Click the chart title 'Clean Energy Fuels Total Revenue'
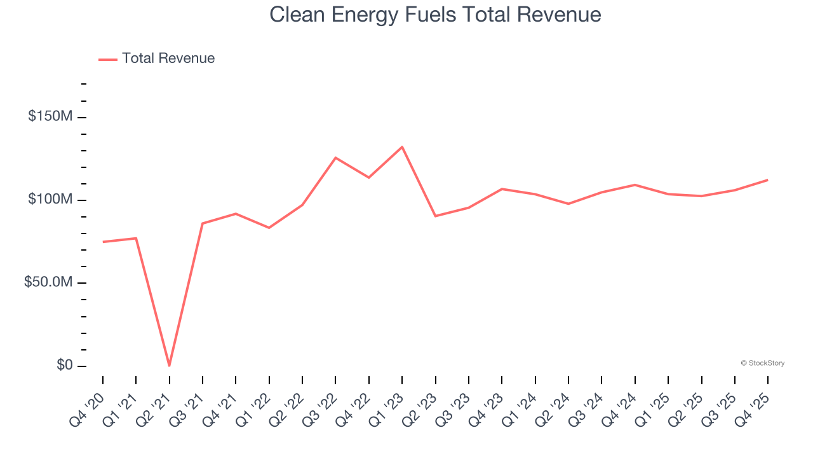tap(435, 15)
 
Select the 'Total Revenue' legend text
tap(168, 59)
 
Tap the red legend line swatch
tap(108, 59)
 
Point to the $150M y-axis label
tap(50, 116)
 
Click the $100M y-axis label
tap(50, 200)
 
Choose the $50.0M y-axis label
tap(48, 282)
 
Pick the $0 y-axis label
tap(64, 365)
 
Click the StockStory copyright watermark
tap(762, 363)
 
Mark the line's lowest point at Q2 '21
tap(169, 366)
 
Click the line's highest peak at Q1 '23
tap(402, 147)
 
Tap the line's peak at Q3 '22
tap(335, 157)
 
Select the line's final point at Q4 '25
tap(768, 180)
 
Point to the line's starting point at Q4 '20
tap(103, 242)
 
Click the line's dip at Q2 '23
tap(435, 216)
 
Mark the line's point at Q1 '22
tap(269, 228)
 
